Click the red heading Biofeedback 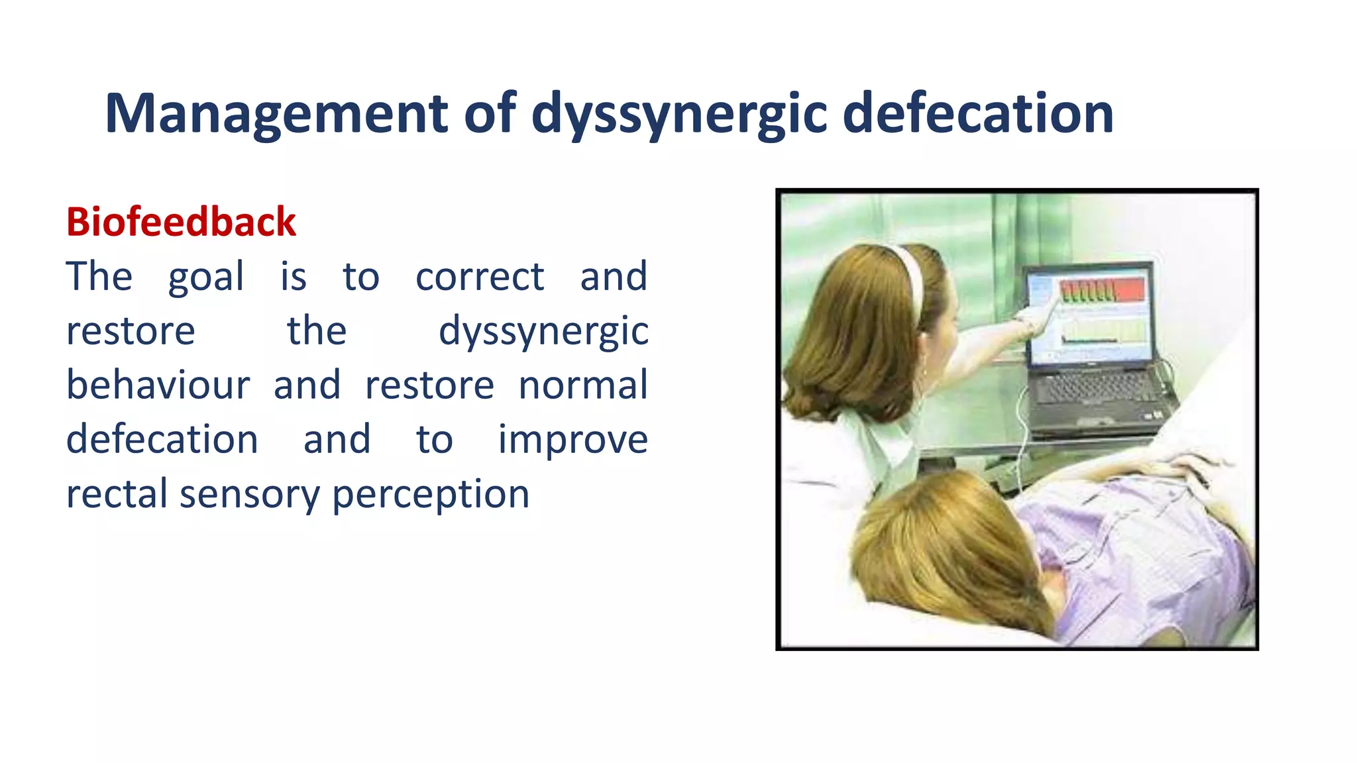click(181, 222)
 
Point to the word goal click(206, 277)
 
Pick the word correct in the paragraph click(480, 277)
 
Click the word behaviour click(158, 385)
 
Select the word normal click(583, 385)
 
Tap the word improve click(572, 440)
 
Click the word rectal click(117, 494)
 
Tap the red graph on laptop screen click(1103, 289)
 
